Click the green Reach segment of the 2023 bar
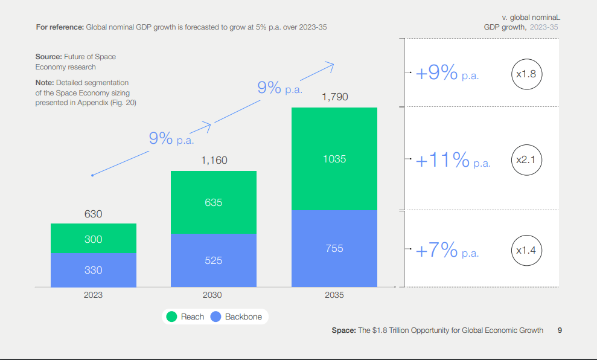[94, 239]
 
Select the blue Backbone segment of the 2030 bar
[214, 260]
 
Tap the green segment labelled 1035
[334, 159]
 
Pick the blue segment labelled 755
[334, 248]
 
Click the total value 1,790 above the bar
[335, 97]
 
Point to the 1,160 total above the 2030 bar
[214, 160]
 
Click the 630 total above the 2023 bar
[94, 214]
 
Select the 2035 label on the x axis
[334, 295]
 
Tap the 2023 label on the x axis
[94, 295]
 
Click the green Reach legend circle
[171, 317]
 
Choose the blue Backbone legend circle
[215, 317]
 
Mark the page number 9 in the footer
[560, 330]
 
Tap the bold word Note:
[45, 83]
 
